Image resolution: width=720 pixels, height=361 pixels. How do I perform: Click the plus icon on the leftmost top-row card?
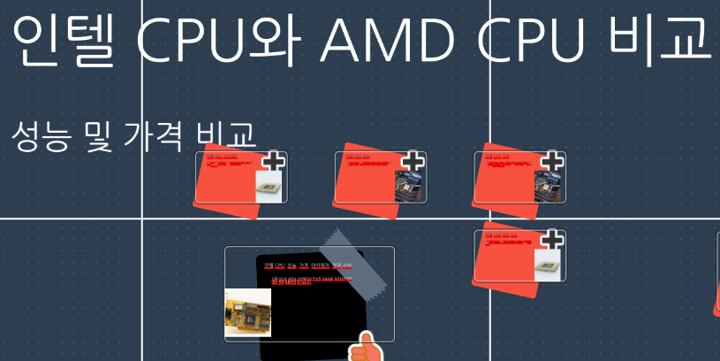point(275,161)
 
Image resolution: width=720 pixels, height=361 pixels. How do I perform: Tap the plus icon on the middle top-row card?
point(413,161)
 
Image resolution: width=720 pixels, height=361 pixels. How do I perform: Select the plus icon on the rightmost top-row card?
point(552,161)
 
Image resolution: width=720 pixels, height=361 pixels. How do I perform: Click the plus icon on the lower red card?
point(552,240)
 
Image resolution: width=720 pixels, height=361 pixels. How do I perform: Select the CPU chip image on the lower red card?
point(549,265)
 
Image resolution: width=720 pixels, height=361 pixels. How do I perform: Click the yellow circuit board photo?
point(248,312)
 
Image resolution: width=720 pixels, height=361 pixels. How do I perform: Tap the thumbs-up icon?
point(366,349)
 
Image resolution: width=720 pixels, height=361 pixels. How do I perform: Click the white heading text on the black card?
point(307,265)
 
